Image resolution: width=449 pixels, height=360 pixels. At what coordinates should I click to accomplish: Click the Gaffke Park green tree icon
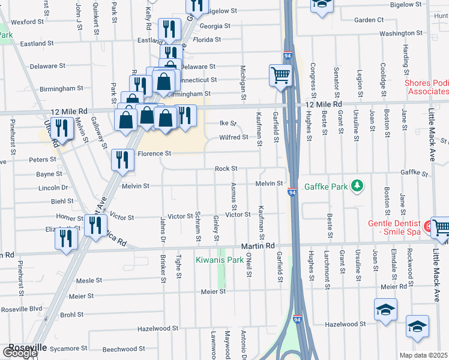click(x=358, y=186)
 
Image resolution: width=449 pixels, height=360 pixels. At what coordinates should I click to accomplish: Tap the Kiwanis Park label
click(x=219, y=260)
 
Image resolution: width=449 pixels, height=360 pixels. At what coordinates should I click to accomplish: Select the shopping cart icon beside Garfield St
click(x=280, y=76)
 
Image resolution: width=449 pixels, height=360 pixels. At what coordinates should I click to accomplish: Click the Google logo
click(x=19, y=353)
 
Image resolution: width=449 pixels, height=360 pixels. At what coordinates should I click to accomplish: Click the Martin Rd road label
click(x=258, y=246)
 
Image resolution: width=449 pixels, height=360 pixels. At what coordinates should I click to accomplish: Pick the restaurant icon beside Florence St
click(x=122, y=160)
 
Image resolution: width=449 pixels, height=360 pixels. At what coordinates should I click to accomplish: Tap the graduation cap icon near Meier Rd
click(x=385, y=309)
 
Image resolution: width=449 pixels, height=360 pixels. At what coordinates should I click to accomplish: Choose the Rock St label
click(x=226, y=169)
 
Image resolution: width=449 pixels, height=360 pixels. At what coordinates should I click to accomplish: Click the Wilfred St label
click(x=234, y=137)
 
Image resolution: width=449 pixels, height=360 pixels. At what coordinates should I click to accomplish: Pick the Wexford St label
click(x=28, y=22)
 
